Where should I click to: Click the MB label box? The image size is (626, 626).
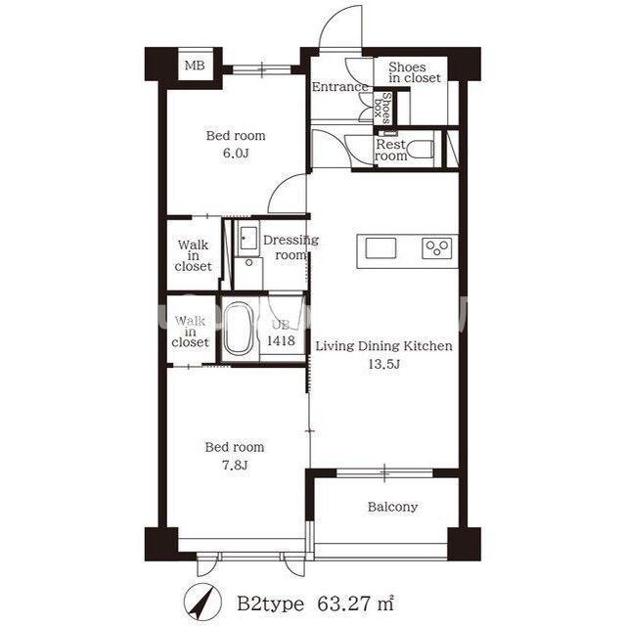click(195, 65)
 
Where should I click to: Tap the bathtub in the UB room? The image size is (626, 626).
click(238, 329)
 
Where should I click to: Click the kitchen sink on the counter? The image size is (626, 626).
click(380, 247)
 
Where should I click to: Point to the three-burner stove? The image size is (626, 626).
click(437, 247)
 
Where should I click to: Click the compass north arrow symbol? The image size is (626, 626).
click(202, 602)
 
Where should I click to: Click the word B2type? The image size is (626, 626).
click(270, 604)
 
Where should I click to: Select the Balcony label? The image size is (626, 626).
click(393, 507)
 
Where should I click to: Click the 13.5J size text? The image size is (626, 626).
click(383, 364)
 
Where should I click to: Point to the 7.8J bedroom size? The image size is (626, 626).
click(235, 465)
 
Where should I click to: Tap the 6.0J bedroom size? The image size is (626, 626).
click(236, 153)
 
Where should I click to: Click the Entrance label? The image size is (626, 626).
click(339, 87)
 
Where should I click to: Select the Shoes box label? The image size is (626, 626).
click(381, 108)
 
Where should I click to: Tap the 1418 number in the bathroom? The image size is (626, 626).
click(281, 340)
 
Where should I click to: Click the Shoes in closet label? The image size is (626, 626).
click(415, 72)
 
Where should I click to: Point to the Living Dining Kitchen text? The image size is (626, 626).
click(384, 345)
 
